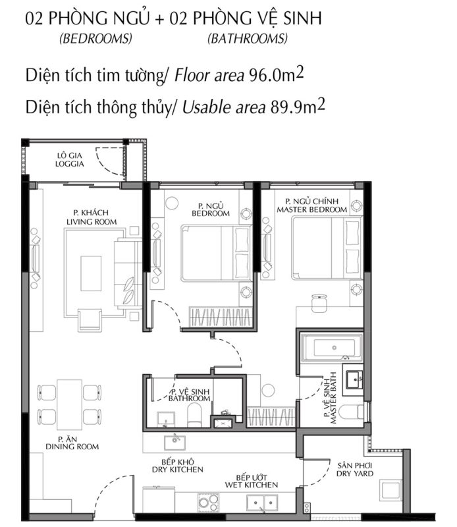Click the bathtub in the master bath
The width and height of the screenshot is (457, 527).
tap(332, 348)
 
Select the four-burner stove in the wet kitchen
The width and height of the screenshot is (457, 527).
tap(208, 502)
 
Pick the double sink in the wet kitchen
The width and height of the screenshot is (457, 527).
tap(262, 503)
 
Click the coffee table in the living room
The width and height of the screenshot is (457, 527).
tap(91, 273)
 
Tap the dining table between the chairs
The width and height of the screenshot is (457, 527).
tap(70, 404)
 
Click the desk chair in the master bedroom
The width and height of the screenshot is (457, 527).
tap(319, 303)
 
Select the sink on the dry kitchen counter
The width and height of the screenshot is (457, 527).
tap(175, 443)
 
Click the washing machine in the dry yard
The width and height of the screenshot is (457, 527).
tap(391, 489)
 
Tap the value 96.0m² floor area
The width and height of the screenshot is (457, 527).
tap(276, 74)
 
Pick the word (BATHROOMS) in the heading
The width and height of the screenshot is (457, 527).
tap(248, 39)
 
